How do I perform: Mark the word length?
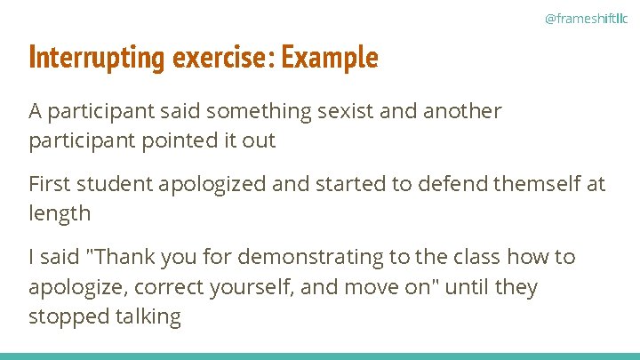point(60,213)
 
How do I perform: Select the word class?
point(476,257)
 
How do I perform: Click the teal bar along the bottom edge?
point(320,356)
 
